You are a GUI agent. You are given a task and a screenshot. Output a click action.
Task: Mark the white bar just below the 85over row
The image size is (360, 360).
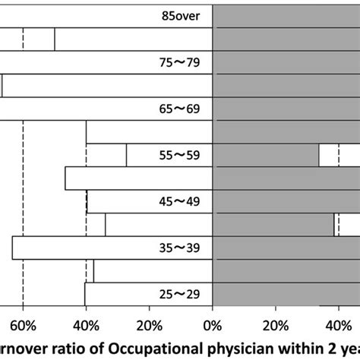point(133,39)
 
